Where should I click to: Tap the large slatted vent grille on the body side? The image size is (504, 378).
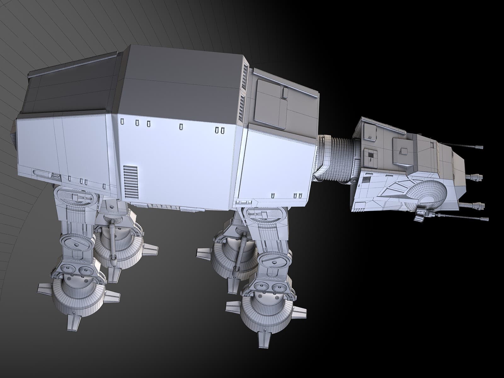click(131, 181)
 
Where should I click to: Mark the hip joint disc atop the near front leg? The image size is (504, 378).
click(261, 216)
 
